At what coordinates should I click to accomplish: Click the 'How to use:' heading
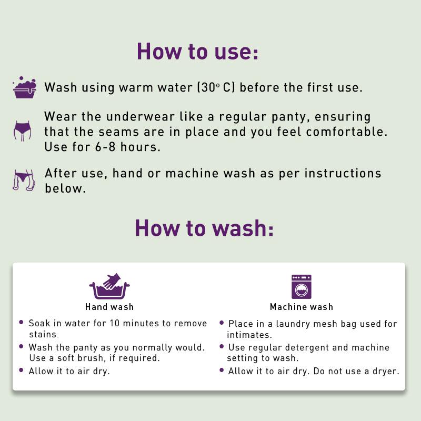[x=198, y=51]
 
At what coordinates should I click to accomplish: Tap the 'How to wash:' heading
[x=204, y=228]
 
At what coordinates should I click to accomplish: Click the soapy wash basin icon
[x=24, y=87]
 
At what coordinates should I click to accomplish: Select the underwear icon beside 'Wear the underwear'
[x=22, y=131]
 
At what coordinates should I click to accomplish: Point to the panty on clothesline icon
[x=24, y=180]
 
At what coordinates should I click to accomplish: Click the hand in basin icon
[x=109, y=286]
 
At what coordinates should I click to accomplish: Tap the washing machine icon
[x=302, y=287]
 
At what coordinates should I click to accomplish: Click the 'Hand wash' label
[x=109, y=307]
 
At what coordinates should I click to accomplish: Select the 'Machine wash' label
[x=302, y=307]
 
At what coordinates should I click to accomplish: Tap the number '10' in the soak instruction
[x=114, y=323]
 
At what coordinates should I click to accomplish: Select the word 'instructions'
[x=343, y=174]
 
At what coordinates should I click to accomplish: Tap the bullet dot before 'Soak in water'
[x=22, y=322]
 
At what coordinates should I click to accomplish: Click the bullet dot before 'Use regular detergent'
[x=222, y=346]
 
